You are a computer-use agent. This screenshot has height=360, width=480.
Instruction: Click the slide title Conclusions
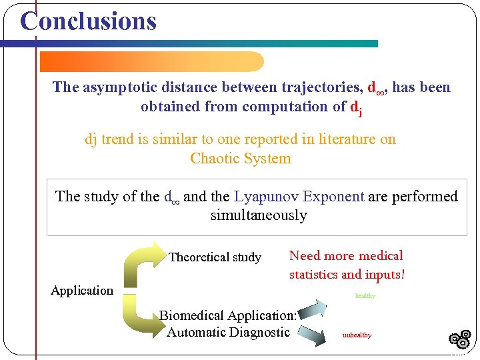coord(88,21)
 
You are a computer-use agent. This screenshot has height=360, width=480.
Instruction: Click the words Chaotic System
coord(241,159)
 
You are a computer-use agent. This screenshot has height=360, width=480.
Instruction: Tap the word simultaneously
coord(259,215)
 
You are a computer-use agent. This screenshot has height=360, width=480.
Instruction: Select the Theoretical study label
coord(215,257)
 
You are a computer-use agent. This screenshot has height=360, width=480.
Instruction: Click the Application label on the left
coord(82,291)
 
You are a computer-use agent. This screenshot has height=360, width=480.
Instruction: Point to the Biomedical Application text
coord(227,316)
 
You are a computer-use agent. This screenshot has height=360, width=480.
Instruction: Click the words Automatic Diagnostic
coord(228,332)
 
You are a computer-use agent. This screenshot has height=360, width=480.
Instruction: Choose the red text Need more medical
coord(346,256)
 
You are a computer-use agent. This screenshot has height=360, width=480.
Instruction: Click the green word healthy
coord(365,296)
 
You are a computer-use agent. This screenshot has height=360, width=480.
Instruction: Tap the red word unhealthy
coord(357,335)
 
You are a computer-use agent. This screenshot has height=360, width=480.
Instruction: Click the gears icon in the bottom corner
coord(460,339)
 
